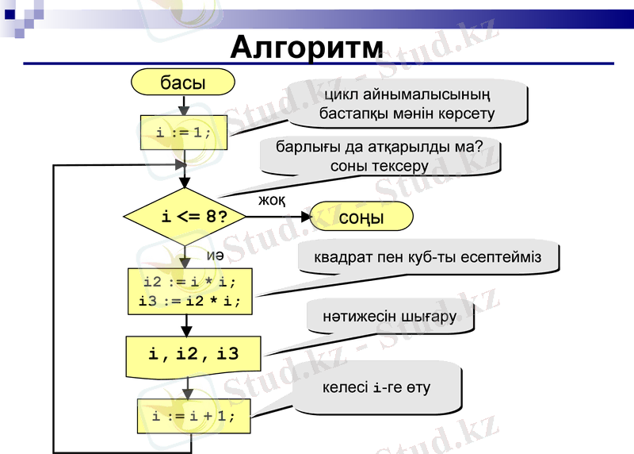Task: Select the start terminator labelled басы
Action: (x=183, y=82)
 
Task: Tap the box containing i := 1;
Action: (x=184, y=133)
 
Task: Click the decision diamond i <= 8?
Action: (x=185, y=216)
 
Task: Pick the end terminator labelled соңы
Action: (x=361, y=217)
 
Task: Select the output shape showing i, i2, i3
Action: (x=193, y=355)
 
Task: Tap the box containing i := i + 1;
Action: (x=194, y=416)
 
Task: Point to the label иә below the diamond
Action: (x=215, y=255)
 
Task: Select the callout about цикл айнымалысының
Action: (x=407, y=104)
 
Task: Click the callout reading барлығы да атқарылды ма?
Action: (x=380, y=156)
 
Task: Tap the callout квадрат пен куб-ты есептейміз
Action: (x=427, y=257)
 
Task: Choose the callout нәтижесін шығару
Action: (x=389, y=317)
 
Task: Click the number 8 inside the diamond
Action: (x=211, y=216)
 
